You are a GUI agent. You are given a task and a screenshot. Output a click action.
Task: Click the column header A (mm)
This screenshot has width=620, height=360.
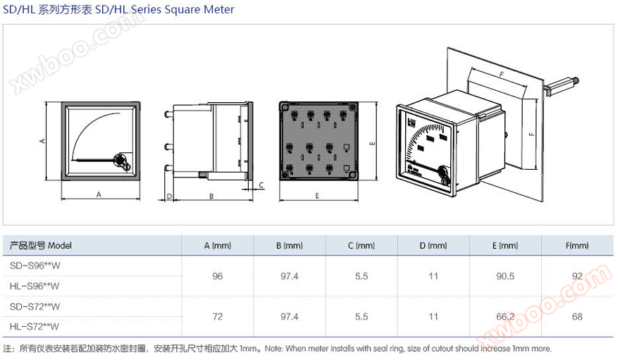(x=217, y=246)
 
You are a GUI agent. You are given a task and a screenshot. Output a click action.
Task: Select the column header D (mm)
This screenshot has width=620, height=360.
(x=433, y=246)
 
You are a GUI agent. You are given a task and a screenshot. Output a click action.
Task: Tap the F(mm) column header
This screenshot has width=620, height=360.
(x=576, y=246)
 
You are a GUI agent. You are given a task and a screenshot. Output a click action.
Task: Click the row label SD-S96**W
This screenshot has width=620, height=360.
(x=35, y=266)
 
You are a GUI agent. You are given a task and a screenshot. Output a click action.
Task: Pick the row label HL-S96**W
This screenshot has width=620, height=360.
(x=35, y=286)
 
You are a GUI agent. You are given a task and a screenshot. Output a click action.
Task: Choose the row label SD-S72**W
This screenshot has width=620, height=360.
(x=35, y=306)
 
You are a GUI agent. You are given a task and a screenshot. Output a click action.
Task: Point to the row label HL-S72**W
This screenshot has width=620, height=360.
(x=35, y=326)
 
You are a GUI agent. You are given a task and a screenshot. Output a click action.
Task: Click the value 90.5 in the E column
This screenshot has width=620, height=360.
(x=504, y=276)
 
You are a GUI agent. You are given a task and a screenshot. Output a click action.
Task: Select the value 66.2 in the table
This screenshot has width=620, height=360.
(x=504, y=317)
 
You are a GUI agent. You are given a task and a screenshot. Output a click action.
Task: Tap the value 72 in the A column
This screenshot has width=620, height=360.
(x=217, y=317)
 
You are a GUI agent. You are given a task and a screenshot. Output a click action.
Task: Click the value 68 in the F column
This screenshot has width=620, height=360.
(x=577, y=317)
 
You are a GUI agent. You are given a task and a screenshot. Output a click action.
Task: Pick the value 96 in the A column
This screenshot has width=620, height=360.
(x=217, y=276)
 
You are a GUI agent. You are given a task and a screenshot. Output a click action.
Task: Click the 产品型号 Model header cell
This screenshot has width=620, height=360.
(x=41, y=246)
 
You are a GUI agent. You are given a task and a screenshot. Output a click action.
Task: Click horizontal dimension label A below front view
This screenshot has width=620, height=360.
(x=98, y=194)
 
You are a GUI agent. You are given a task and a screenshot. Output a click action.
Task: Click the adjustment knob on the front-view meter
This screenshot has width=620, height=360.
(x=121, y=161)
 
